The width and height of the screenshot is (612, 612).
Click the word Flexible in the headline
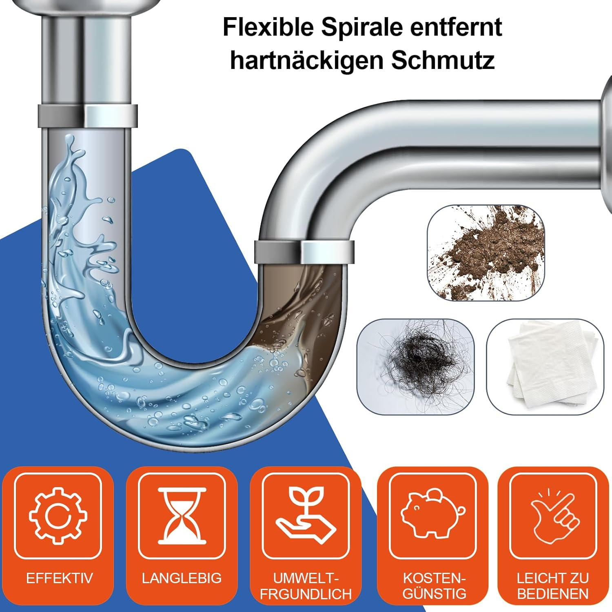(x=268, y=28)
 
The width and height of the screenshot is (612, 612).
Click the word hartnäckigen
(x=307, y=60)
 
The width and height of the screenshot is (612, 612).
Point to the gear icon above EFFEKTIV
(x=58, y=515)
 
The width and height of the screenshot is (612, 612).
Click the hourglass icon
(x=182, y=515)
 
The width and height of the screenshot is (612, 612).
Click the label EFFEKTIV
(x=59, y=578)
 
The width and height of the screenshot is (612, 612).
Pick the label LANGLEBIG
(x=182, y=578)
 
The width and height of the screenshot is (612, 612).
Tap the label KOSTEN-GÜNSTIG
(x=434, y=585)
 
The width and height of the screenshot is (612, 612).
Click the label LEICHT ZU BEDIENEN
(x=553, y=585)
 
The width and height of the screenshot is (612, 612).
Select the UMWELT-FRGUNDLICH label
(x=306, y=586)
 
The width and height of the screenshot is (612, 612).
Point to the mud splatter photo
(x=486, y=253)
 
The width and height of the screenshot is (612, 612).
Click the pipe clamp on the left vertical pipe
(x=88, y=116)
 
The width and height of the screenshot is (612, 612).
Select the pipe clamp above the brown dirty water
(x=304, y=252)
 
